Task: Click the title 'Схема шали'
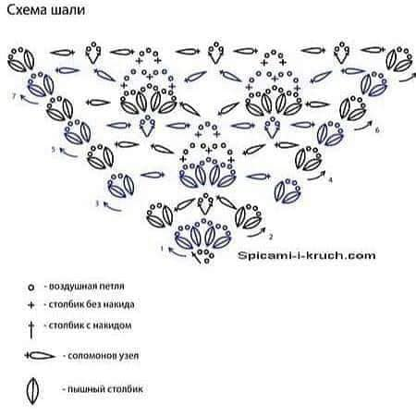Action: (x=46, y=10)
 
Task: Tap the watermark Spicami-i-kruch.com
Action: (x=307, y=255)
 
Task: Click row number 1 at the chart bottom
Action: (x=162, y=248)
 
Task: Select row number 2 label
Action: (x=271, y=237)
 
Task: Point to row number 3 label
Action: (x=97, y=203)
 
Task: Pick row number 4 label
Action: (x=330, y=179)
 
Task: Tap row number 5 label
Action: (x=54, y=150)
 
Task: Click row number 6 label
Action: (x=377, y=130)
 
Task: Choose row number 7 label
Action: (x=14, y=96)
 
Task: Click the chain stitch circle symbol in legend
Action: (x=31, y=288)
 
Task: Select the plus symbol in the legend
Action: (x=31, y=305)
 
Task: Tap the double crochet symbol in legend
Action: (x=31, y=330)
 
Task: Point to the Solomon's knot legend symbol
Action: (x=40, y=356)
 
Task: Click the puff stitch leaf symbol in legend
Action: (x=32, y=390)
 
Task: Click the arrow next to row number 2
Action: (x=256, y=233)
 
